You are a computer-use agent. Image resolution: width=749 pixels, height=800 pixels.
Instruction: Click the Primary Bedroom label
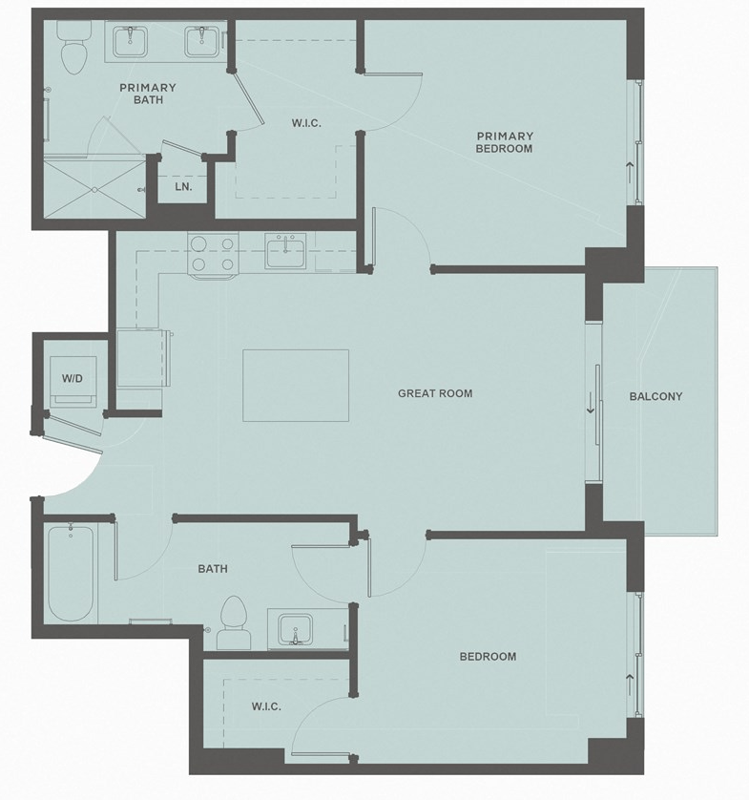(505, 142)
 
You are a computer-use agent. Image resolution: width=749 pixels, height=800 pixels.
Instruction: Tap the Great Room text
(435, 393)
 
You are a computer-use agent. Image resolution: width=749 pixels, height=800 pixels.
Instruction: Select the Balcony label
(655, 396)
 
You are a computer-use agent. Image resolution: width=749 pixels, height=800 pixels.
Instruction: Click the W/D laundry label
(73, 379)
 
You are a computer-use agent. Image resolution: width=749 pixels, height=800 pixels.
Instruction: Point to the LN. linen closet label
(183, 187)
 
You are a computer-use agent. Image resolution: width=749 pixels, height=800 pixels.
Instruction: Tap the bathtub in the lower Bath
(71, 572)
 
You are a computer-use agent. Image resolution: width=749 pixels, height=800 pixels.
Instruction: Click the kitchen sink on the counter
(286, 253)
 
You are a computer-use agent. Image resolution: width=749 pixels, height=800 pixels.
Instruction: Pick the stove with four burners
(212, 254)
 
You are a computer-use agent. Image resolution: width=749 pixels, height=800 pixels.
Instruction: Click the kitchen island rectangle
(296, 385)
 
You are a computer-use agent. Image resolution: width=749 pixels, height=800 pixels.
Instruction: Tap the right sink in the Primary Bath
(201, 42)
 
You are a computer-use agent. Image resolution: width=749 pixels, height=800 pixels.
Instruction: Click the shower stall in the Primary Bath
(94, 189)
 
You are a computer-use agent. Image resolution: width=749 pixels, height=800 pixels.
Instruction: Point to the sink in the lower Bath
(297, 630)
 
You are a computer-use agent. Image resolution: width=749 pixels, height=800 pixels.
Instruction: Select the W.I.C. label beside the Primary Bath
(305, 123)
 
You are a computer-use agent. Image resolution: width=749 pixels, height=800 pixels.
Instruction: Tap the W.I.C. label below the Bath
(265, 706)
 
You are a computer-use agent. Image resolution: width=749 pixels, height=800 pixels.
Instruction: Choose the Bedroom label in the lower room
(488, 656)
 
